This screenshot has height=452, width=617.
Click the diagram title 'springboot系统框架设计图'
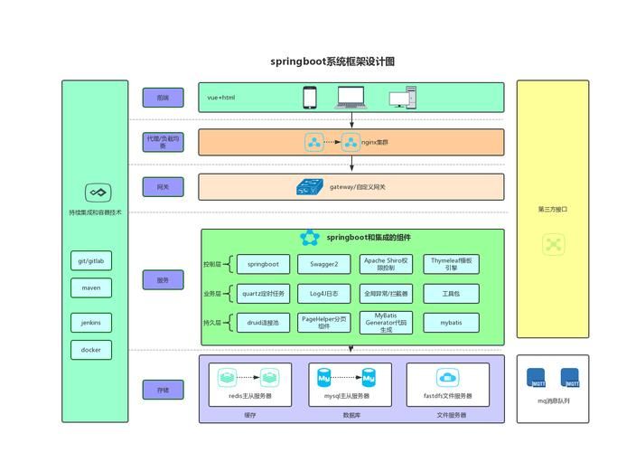click(x=332, y=61)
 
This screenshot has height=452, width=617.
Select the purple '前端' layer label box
click(x=163, y=98)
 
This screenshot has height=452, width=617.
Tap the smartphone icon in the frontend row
click(x=310, y=97)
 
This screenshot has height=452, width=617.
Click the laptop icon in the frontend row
click(x=352, y=96)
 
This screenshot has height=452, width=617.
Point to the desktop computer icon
click(x=403, y=98)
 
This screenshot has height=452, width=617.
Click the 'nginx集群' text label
click(x=375, y=142)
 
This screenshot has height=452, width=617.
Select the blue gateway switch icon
click(x=311, y=187)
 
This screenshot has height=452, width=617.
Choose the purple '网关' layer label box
click(x=163, y=187)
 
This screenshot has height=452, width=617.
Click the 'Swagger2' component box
click(x=323, y=264)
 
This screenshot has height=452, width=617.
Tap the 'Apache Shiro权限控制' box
click(x=386, y=264)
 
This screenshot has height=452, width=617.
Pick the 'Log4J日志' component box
click(x=323, y=294)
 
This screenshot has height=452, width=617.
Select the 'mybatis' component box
click(x=450, y=323)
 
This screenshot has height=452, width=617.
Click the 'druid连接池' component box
click(x=263, y=323)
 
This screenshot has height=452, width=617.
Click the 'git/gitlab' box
click(x=91, y=261)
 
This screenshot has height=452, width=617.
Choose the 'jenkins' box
click(x=91, y=322)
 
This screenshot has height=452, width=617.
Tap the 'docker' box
click(x=91, y=350)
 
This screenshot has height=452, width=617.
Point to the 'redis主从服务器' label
click(x=250, y=396)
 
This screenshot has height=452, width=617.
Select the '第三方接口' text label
click(x=552, y=209)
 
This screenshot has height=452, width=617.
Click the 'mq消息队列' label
click(x=553, y=400)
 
